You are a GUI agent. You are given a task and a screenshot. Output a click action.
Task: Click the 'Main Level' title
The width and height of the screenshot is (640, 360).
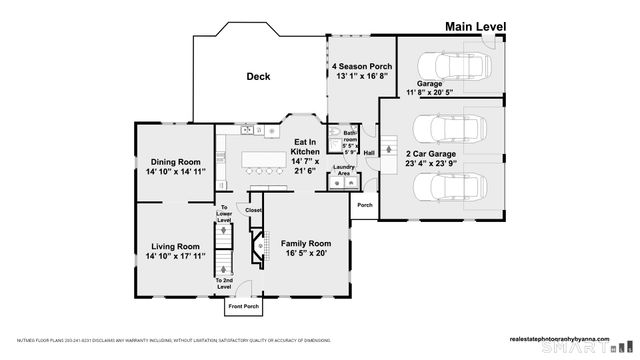click(476, 26)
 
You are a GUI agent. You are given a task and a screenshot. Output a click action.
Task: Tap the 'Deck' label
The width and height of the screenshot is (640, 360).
click(259, 76)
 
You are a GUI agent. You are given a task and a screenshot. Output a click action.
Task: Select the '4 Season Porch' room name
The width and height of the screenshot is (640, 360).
click(361, 67)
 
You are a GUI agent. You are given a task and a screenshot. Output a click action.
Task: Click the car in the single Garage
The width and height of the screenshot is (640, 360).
click(456, 69)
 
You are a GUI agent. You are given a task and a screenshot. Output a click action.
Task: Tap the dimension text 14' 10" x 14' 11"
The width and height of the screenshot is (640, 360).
click(175, 173)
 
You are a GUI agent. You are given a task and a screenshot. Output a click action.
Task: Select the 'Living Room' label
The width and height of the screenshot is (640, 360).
click(175, 246)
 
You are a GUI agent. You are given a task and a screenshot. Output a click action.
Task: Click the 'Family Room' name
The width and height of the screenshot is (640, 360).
click(306, 243)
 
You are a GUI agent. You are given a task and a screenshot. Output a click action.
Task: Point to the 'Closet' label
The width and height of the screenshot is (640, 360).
click(253, 211)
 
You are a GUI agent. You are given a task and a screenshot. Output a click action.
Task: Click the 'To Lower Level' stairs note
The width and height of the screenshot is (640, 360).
click(225, 213)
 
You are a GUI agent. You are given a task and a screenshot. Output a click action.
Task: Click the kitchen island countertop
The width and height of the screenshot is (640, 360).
click(262, 159)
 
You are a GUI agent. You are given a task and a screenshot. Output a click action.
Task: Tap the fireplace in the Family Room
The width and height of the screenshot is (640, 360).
click(258, 243)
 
